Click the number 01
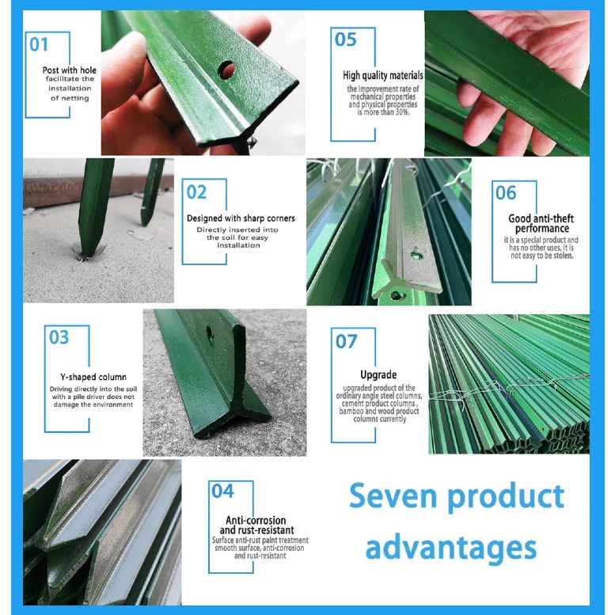pos(39,44)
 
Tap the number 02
pos(196,192)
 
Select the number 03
pos(59,337)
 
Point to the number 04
pos(222,491)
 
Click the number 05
pos(346,40)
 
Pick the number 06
pos(506,192)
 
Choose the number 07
pos(347,341)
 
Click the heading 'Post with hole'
pos(70,70)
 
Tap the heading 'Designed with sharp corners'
pos(241,218)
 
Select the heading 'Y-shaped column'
pos(93,377)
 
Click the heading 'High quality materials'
pos(383,75)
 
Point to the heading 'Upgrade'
pos(378,374)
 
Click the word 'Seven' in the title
pos(393,496)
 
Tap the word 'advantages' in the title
pos(451,548)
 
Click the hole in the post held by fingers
pos(226,70)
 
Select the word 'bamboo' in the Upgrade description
pos(351,411)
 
